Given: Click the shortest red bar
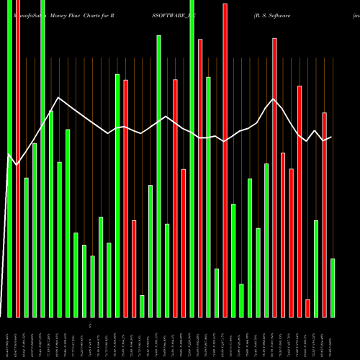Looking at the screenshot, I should tap(307, 308).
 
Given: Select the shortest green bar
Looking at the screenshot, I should tap(142, 306).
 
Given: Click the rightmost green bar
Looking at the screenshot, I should tap(333, 287).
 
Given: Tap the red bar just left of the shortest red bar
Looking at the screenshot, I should tap(300, 201).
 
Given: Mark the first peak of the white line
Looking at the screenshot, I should tap(58, 98).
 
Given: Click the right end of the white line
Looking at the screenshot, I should tap(331, 137).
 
